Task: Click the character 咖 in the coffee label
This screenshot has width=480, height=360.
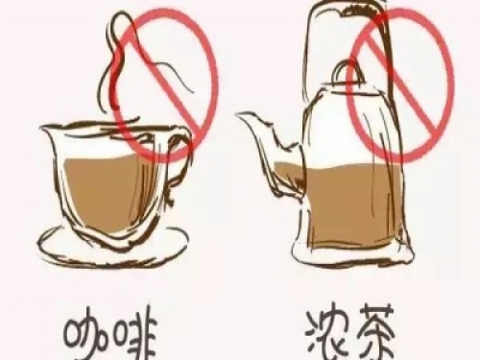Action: coord(86,339)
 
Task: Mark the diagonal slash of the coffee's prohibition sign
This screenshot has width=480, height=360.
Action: coord(163,86)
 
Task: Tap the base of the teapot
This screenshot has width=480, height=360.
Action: coord(352,257)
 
